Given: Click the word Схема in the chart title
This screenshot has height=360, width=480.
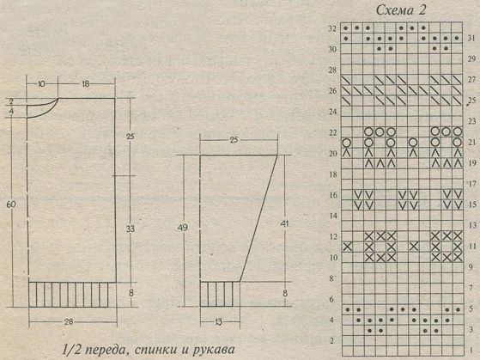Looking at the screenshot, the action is [x=392, y=10].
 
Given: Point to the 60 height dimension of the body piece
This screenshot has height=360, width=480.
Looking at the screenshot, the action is [x=10, y=204].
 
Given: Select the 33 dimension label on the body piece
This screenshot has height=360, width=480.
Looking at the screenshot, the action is [x=131, y=229].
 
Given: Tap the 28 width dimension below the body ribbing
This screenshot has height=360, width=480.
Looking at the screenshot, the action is [x=69, y=321].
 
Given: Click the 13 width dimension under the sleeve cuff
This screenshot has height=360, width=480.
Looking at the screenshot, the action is [x=218, y=322].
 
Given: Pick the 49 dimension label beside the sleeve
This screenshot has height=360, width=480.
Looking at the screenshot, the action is [x=182, y=228].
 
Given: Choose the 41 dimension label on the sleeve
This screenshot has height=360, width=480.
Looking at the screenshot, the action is [x=285, y=223].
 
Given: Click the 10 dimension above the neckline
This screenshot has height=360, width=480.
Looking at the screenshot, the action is [x=41, y=83].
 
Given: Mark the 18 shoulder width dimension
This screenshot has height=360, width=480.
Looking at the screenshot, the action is [x=85, y=83].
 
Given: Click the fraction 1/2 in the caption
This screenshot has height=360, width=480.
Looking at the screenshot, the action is [x=70, y=350].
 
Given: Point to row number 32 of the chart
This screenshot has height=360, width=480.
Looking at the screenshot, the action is [x=332, y=29].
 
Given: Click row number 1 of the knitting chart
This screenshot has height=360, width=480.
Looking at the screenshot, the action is [x=471, y=350].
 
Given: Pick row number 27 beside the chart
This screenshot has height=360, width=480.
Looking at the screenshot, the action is [x=471, y=80].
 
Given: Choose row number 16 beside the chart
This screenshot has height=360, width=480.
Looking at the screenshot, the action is [x=333, y=195].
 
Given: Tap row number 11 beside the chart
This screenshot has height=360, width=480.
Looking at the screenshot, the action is [x=472, y=247].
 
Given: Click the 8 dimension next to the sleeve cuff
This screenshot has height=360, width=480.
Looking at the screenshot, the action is [x=285, y=293].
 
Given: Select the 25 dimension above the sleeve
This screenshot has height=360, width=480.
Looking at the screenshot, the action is [x=234, y=140].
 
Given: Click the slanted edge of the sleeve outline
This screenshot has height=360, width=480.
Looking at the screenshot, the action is [x=258, y=218].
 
